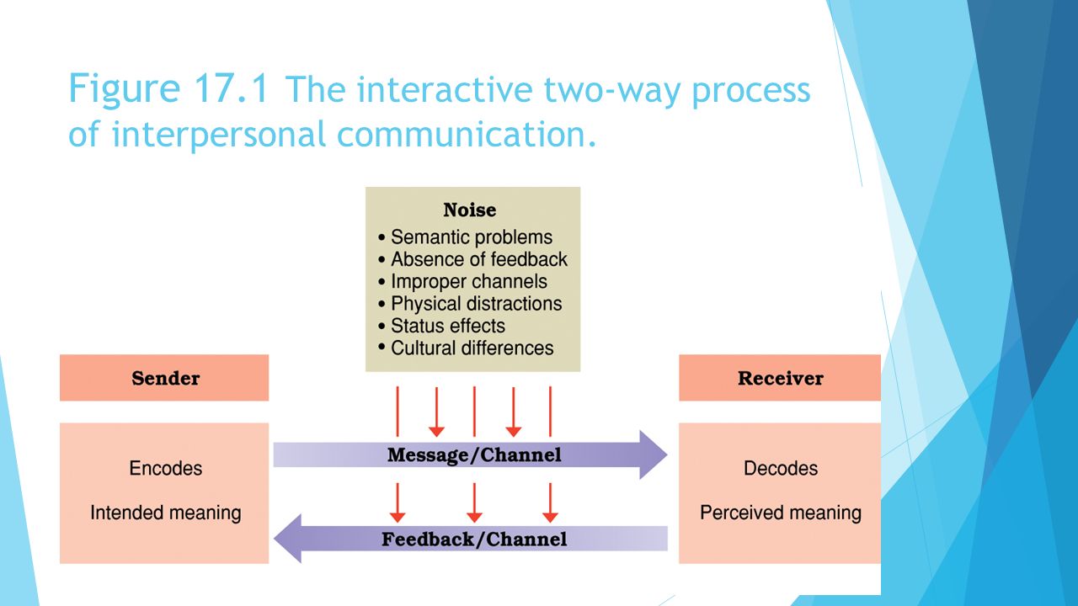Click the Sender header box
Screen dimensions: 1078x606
(164, 378)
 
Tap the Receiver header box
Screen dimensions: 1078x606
(780, 378)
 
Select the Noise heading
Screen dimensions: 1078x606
(470, 210)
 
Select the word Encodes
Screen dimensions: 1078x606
(166, 468)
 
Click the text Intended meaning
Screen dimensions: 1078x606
(166, 513)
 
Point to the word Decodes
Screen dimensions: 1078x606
(781, 468)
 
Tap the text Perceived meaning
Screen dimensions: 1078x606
(781, 513)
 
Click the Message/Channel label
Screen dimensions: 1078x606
(474, 455)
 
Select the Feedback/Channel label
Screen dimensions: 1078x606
(474, 540)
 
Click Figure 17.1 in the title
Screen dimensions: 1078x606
(168, 88)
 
